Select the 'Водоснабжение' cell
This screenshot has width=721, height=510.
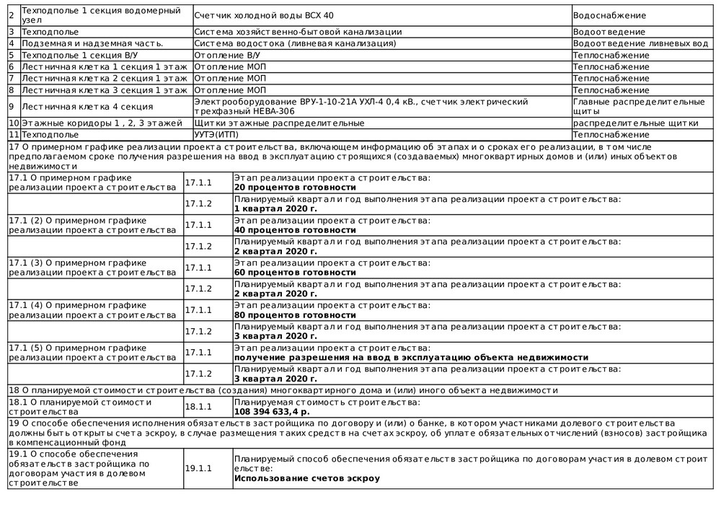tap(609, 15)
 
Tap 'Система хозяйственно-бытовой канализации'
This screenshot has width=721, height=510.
tap(298, 32)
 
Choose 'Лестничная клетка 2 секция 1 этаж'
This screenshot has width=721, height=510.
tap(104, 78)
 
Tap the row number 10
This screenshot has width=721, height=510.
tap(14, 123)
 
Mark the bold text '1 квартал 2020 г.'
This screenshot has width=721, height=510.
tap(275, 208)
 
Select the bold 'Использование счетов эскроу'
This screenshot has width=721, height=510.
tap(306, 478)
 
